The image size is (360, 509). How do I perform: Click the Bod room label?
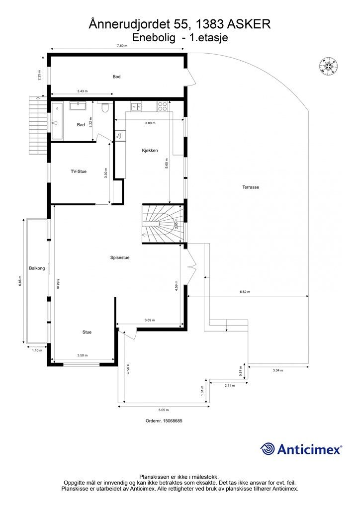(116, 77)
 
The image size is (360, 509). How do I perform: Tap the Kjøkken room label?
(150, 150)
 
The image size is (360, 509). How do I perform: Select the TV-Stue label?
(79, 171)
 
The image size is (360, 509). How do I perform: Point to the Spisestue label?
(120, 257)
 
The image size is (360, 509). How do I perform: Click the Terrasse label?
(251, 187)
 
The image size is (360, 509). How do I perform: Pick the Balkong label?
(37, 268)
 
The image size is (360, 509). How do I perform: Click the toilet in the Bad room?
(105, 107)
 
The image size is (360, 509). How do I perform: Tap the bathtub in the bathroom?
(57, 121)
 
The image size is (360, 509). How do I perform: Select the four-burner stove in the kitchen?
(162, 106)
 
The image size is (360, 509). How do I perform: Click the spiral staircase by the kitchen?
(163, 224)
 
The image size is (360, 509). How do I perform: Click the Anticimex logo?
(301, 449)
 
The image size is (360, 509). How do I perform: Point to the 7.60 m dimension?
(122, 46)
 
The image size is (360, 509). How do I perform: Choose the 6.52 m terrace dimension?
(245, 292)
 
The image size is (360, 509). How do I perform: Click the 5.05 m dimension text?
(163, 410)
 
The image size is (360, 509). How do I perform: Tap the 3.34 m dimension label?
(277, 370)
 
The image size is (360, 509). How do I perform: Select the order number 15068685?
(164, 421)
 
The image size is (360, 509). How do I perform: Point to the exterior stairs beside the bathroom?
(38, 126)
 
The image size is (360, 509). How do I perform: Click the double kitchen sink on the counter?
(136, 106)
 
